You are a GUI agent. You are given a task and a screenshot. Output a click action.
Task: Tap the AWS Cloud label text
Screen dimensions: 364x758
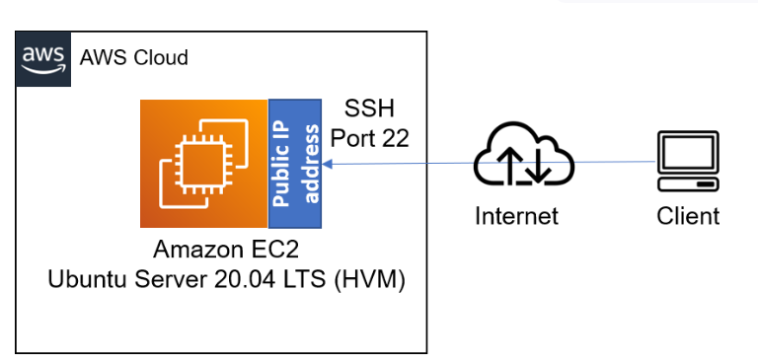click(x=133, y=57)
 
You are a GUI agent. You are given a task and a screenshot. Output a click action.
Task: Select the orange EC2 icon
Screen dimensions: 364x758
click(x=204, y=164)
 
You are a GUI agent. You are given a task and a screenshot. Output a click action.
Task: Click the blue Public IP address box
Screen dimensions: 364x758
click(x=295, y=164)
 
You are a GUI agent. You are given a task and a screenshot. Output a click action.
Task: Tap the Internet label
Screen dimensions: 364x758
click(x=516, y=215)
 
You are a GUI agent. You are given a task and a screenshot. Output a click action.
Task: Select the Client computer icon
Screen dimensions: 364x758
click(x=688, y=161)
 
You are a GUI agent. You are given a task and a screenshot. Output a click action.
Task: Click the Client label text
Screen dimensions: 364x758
click(x=688, y=215)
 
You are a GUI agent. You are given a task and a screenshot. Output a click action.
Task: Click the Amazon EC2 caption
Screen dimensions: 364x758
click(x=228, y=251)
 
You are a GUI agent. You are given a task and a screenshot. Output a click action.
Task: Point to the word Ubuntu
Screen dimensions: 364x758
click(x=84, y=281)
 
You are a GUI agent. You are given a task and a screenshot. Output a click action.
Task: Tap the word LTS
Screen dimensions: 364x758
click(x=308, y=281)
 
